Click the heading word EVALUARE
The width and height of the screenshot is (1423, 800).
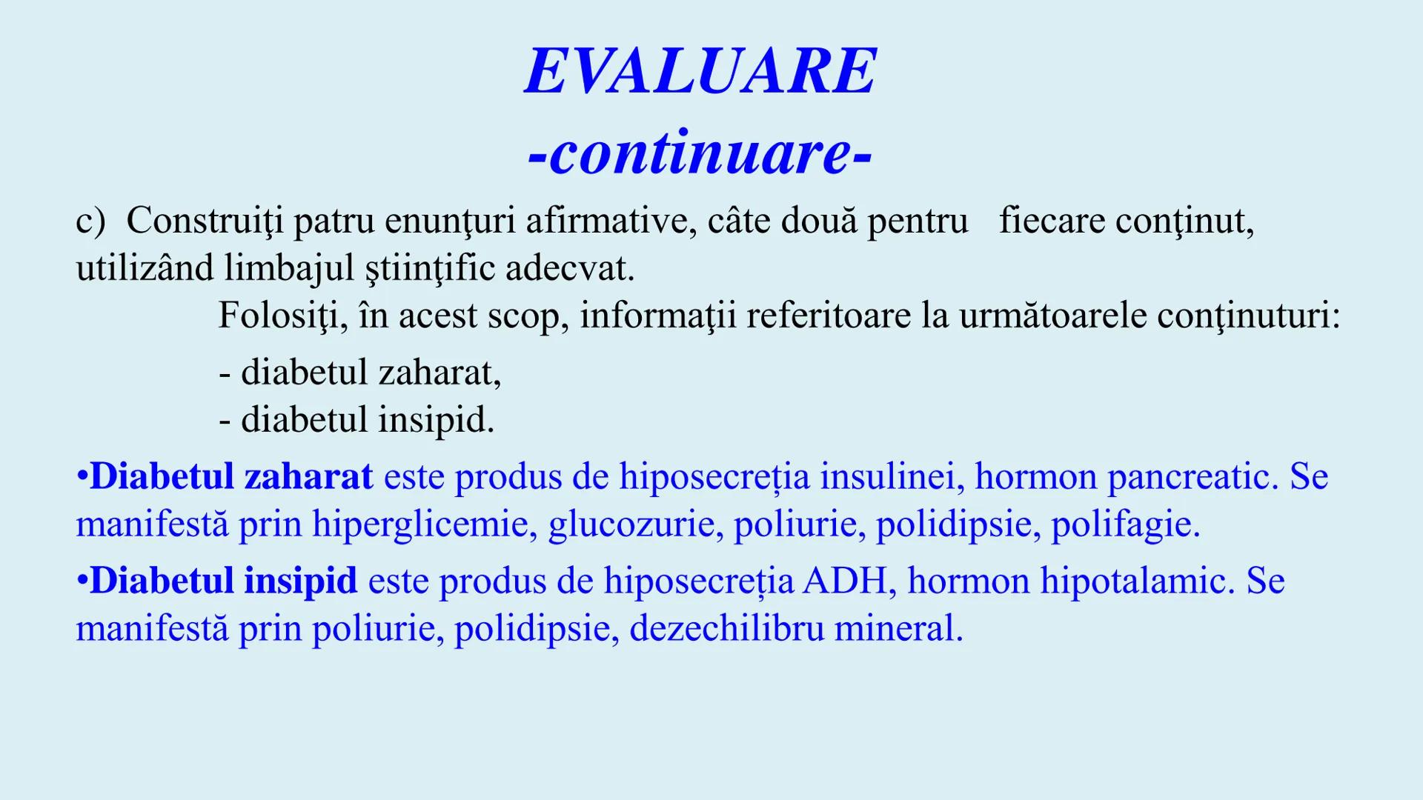(x=700, y=71)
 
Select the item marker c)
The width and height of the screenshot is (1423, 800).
(x=90, y=221)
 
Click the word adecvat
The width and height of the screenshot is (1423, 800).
(x=570, y=268)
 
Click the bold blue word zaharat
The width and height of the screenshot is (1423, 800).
(x=308, y=476)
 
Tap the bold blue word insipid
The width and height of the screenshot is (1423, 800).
(x=300, y=580)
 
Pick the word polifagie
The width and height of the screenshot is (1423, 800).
(x=1125, y=524)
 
